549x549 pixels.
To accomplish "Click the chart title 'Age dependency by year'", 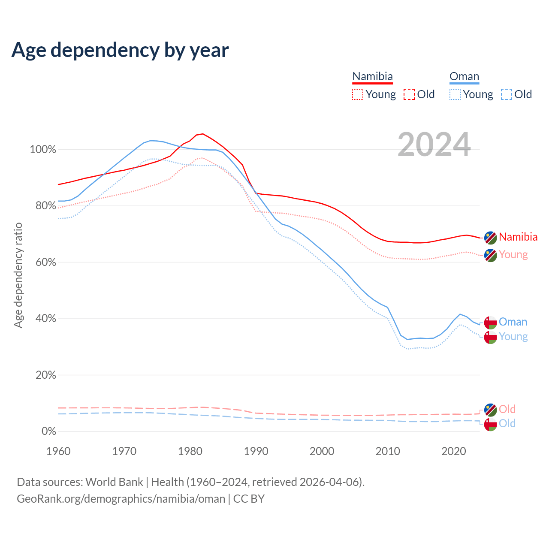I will [120, 50].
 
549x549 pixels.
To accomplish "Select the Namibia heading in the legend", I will [372, 76].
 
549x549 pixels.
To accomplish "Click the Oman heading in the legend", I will [464, 76].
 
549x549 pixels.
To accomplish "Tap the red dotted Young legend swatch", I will [357, 94].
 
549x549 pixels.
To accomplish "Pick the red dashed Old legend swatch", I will [409, 94].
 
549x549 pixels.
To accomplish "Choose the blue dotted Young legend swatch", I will [455, 94].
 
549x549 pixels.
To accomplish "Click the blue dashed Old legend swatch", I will [507, 94].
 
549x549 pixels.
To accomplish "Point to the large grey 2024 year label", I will [434, 145].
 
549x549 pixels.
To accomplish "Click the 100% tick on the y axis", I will [43, 150].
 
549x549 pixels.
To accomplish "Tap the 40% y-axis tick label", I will [45, 319].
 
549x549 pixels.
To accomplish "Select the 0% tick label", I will [48, 431].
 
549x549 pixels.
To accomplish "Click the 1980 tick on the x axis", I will [190, 451].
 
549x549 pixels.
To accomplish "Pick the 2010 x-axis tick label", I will [388, 451].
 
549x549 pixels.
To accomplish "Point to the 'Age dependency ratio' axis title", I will [18, 275].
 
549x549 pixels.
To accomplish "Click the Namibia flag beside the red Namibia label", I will [490, 237].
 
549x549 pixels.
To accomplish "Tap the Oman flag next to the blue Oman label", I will [490, 322].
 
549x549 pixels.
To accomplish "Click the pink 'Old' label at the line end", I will [507, 409].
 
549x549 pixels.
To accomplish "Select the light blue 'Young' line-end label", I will [513, 337].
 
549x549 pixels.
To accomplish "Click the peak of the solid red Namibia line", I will [202, 134].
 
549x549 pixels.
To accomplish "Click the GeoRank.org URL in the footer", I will [121, 499].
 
